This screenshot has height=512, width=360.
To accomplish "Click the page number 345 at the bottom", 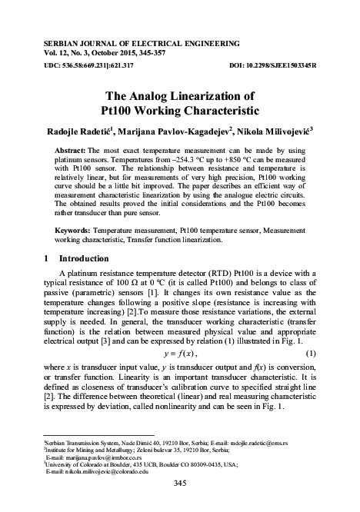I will (181, 483).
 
